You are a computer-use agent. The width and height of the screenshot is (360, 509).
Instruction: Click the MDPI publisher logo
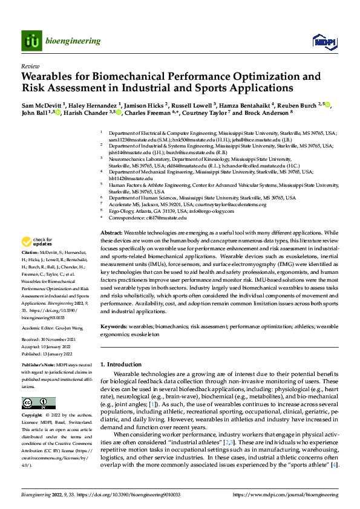click(323, 41)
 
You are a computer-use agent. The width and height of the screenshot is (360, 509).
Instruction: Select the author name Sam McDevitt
click(44, 105)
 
